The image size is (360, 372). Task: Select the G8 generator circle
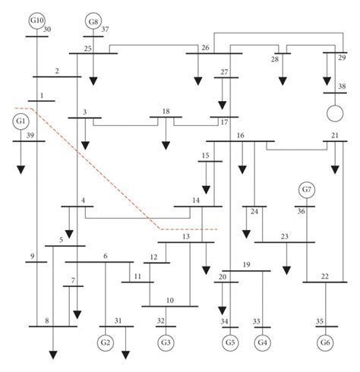pos(93,20)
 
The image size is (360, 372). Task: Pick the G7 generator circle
pos(306,189)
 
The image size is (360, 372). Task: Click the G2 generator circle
pos(106,342)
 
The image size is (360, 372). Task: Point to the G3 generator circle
pos(165,342)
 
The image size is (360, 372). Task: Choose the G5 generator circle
pos(229,342)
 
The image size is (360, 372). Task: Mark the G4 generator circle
pos(263,342)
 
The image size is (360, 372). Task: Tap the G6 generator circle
pos(327,342)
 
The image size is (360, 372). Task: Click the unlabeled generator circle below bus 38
pos(332,114)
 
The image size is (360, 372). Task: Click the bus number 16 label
pos(240,135)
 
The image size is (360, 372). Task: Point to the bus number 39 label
pos(30,135)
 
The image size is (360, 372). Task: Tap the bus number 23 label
pos(284,237)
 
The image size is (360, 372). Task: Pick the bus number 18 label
pos(166,112)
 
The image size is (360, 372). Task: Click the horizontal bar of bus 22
pos(326,282)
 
